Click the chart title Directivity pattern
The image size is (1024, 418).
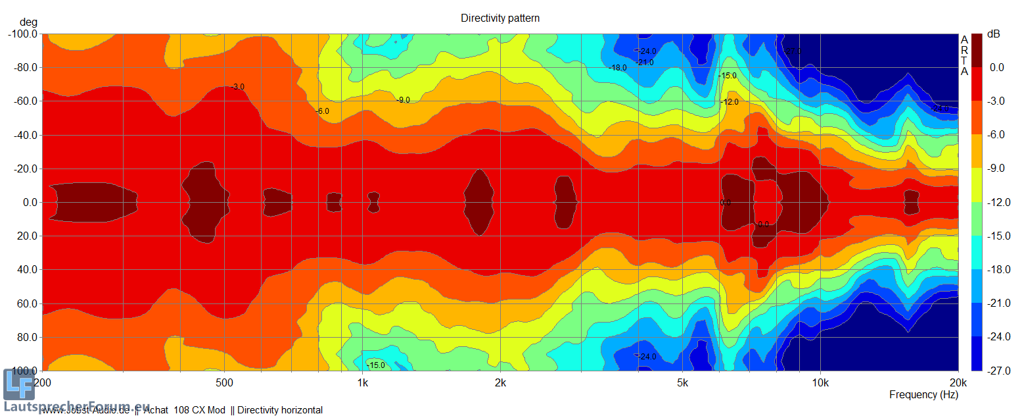500,18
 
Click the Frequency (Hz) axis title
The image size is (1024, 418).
923,395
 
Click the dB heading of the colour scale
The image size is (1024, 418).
993,34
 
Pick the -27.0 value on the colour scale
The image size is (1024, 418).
999,371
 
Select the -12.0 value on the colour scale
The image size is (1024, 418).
999,202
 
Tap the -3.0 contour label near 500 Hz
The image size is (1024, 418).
238,87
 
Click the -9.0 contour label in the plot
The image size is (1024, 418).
403,100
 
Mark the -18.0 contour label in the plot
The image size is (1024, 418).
617,68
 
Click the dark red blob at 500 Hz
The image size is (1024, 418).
206,202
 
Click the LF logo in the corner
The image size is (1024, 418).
18,385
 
